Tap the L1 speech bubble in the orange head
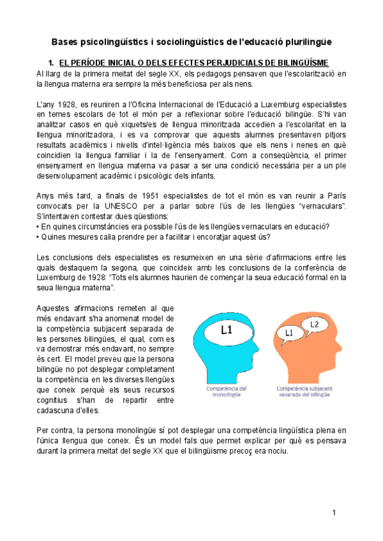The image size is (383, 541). [x=289, y=333]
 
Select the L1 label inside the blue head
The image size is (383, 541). [x=227, y=330]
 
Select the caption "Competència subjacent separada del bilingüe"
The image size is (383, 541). [x=303, y=390]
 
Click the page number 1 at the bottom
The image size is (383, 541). [x=333, y=514]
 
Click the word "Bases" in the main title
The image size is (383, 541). [x=66, y=42]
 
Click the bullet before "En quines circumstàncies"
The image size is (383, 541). [x=38, y=228]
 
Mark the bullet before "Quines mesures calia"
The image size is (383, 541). [x=38, y=238]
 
